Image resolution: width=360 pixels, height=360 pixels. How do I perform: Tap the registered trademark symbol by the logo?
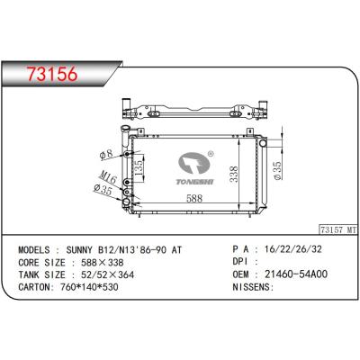coord(210,154)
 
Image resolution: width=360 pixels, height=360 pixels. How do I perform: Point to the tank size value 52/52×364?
coord(97,279)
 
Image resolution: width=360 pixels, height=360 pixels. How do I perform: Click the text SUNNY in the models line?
coord(83,249)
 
